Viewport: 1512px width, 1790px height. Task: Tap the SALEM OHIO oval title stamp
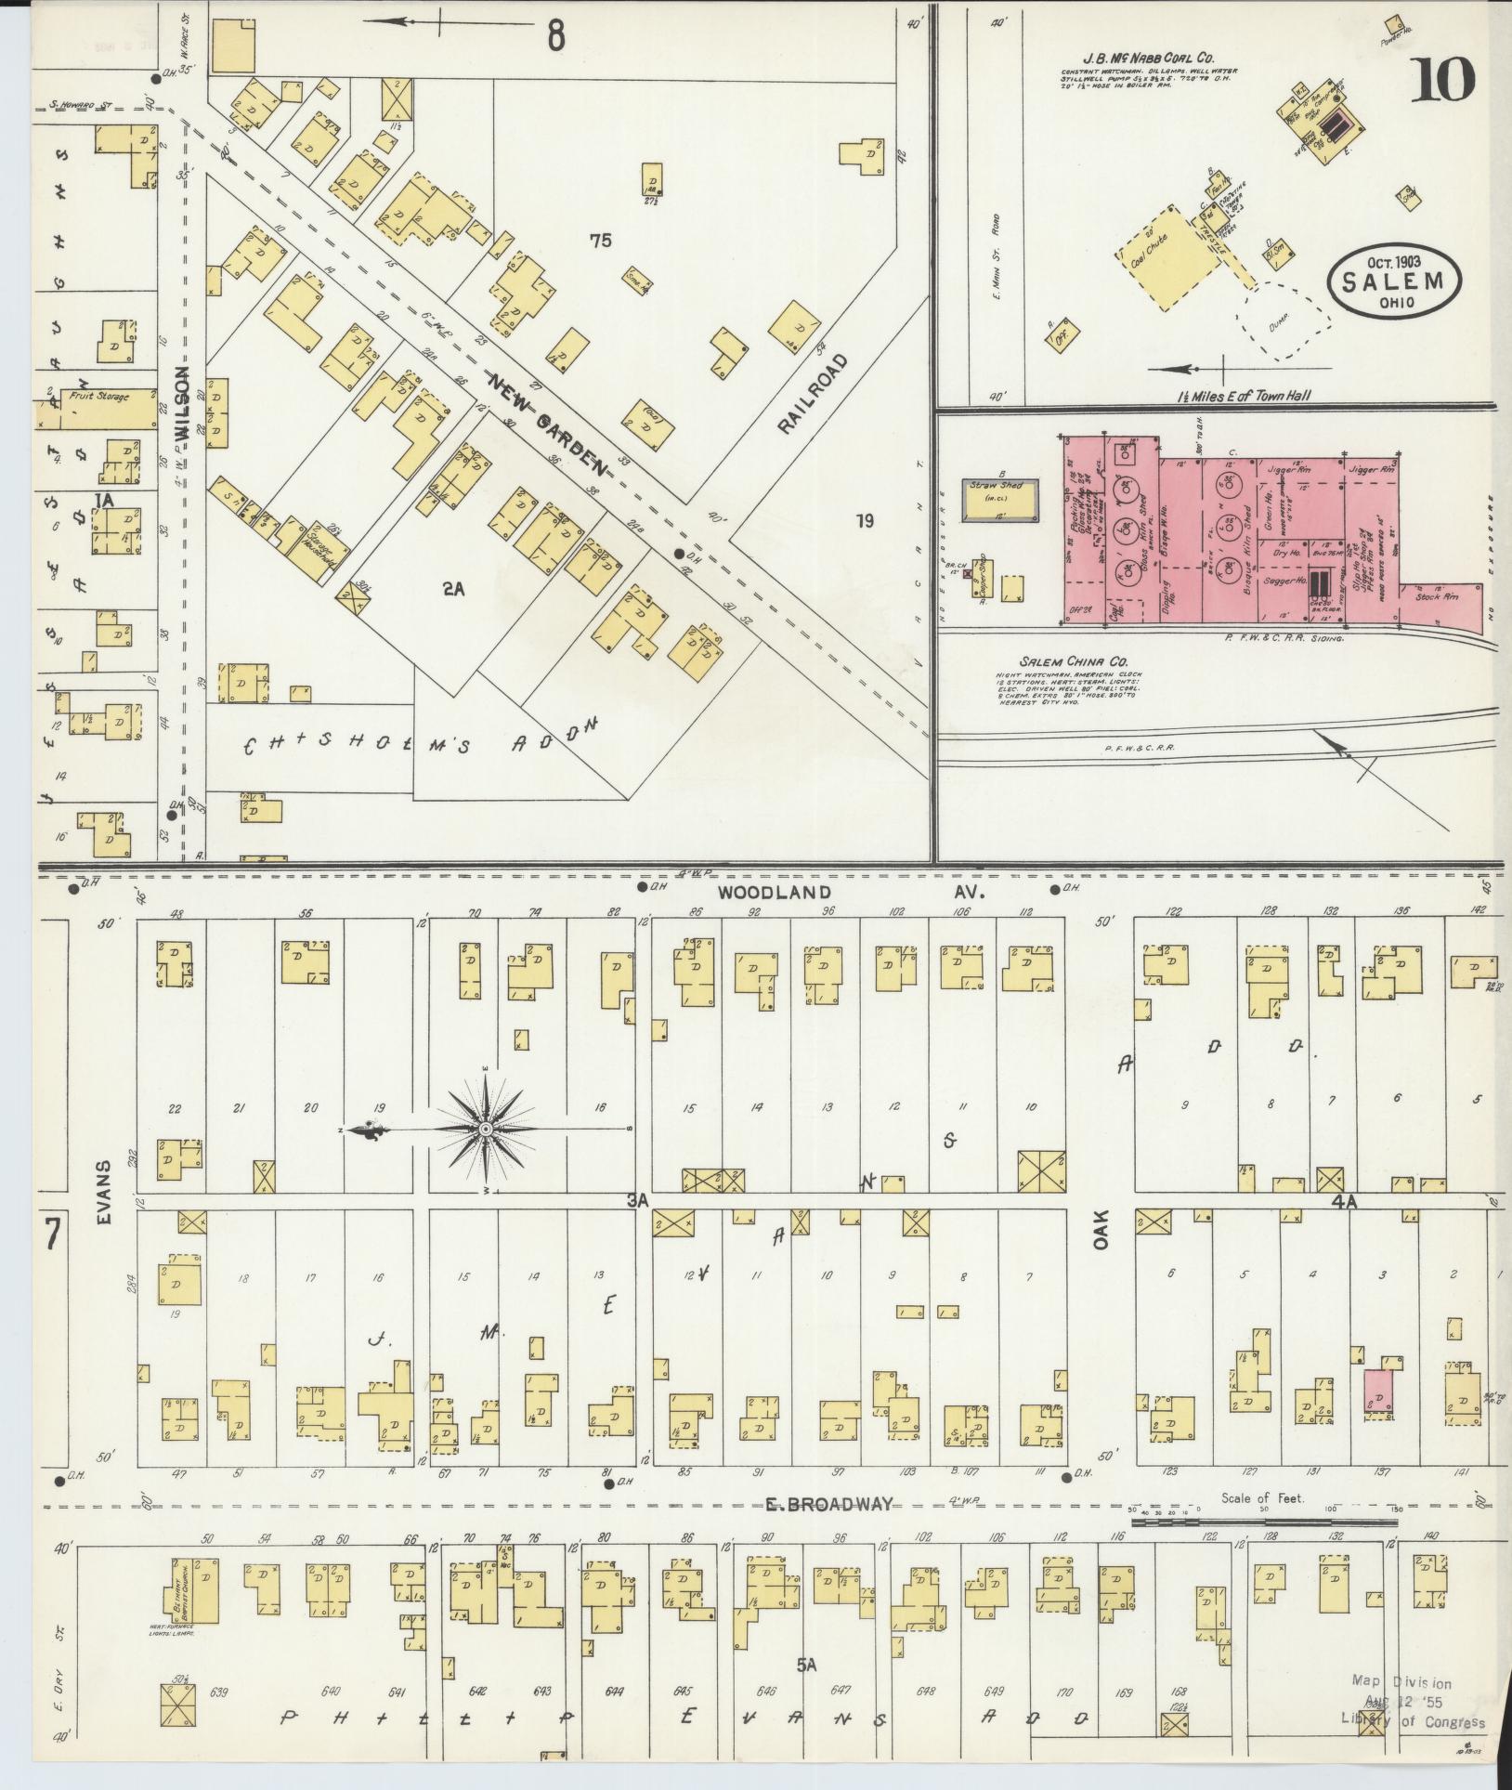click(x=1395, y=280)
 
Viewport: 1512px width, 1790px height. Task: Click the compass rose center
click(x=485, y=1129)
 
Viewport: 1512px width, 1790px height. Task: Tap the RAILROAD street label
click(x=814, y=393)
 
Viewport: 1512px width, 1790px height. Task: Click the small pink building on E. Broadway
click(x=1378, y=1391)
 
